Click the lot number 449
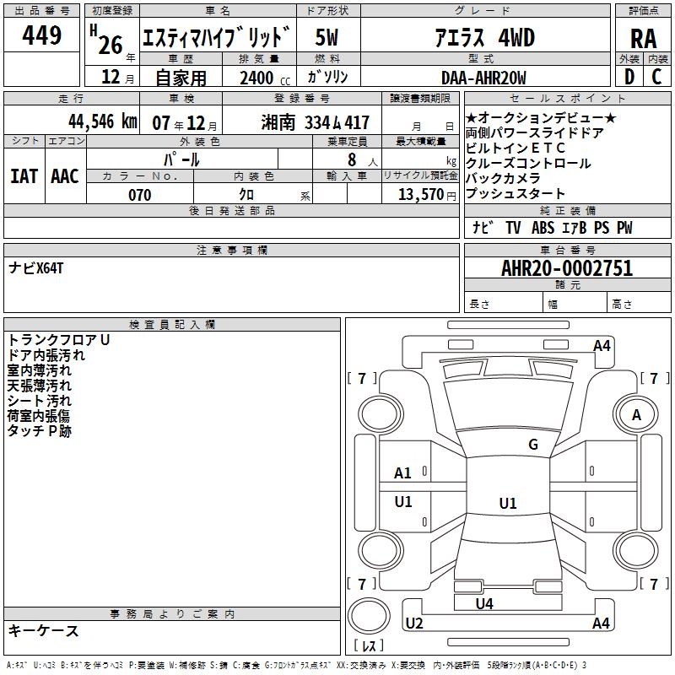[43, 35]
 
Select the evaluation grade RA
[643, 37]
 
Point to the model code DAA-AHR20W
[483, 78]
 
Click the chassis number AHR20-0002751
[566, 268]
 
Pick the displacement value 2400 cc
[257, 78]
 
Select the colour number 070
[139, 195]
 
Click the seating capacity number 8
[350, 159]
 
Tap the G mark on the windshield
[533, 445]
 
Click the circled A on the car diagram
[637, 415]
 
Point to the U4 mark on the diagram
[484, 603]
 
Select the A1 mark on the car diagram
[403, 473]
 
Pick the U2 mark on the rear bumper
[413, 624]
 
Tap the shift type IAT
[24, 175]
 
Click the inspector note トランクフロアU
[59, 340]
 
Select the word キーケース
[44, 630]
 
